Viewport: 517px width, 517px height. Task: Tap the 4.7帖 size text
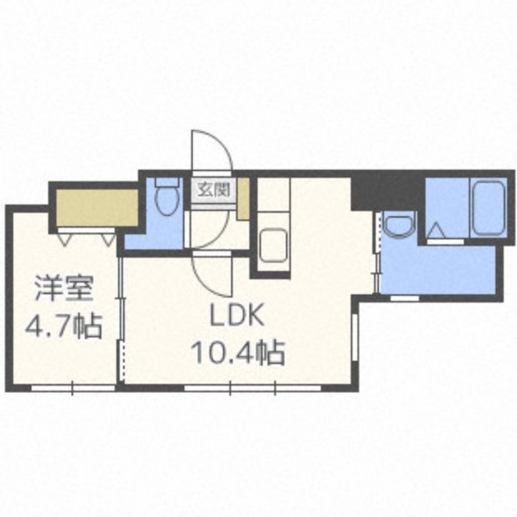[63, 326]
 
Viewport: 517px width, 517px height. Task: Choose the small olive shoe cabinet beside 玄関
[244, 200]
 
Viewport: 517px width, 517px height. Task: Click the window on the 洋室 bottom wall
[72, 388]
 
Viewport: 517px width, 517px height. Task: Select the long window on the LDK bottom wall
[252, 388]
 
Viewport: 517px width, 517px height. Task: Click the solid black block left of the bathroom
[386, 189]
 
